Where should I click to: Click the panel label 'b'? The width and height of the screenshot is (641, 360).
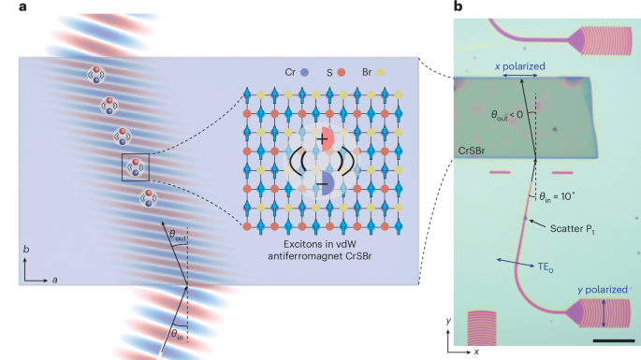pyautogui.click(x=457, y=7)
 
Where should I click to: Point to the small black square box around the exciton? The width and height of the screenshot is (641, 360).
pyautogui.click(x=135, y=167)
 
